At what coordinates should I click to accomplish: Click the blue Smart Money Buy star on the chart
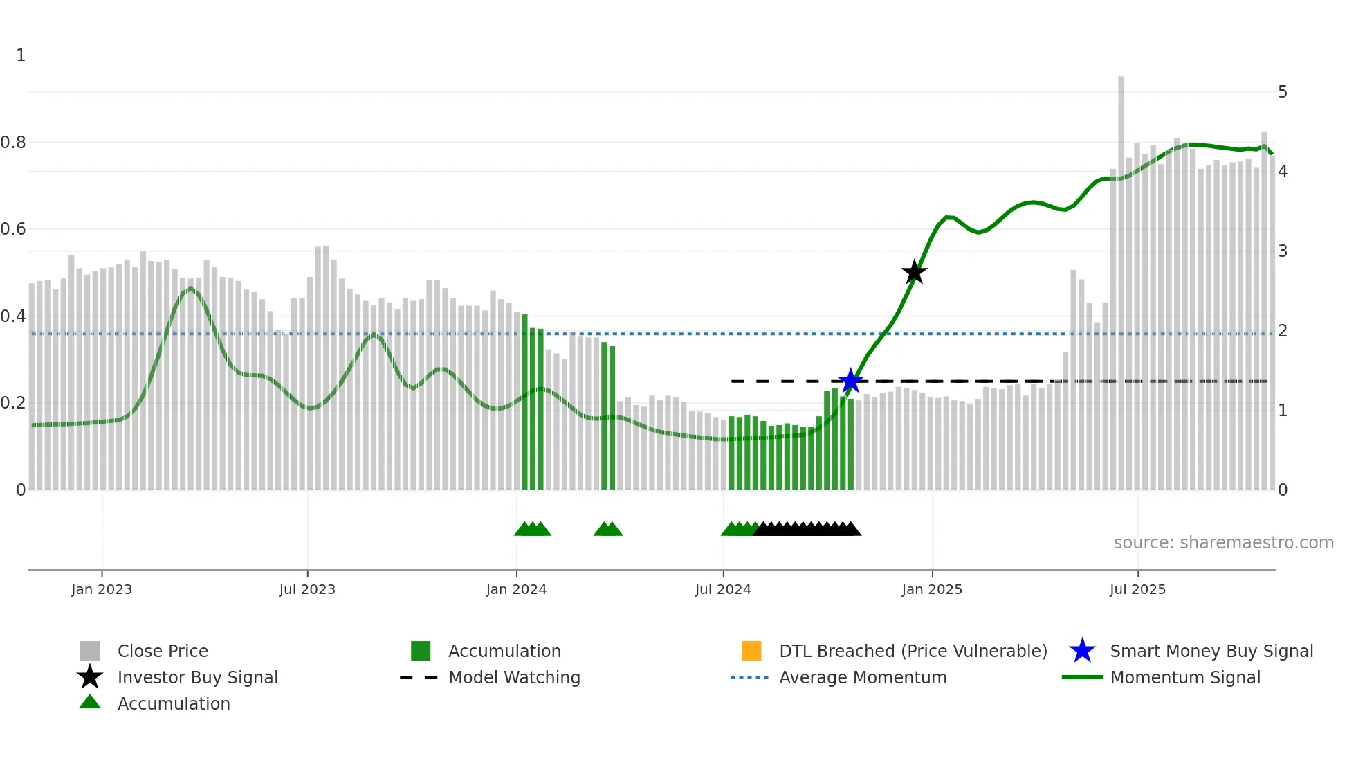point(850,381)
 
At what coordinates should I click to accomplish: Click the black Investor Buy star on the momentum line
point(914,272)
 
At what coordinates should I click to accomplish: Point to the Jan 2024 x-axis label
point(516,589)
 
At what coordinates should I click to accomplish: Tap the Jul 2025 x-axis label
point(1137,589)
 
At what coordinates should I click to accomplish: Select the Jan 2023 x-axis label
point(102,589)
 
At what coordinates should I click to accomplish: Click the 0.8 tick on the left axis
point(13,143)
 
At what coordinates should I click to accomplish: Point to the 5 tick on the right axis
point(1283,92)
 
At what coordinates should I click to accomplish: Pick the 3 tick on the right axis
point(1283,251)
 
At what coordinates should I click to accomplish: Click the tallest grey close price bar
point(1121,277)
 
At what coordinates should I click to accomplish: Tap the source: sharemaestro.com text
point(1223,543)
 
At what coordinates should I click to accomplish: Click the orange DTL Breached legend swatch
point(751,651)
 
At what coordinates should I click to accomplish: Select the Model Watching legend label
point(514,677)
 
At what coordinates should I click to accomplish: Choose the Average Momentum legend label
point(863,677)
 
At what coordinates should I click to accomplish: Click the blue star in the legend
point(1082,651)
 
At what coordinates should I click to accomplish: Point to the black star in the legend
point(90,677)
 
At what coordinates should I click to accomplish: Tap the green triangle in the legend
point(90,702)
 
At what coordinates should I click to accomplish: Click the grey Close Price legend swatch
point(90,651)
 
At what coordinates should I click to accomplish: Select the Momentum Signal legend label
point(1185,677)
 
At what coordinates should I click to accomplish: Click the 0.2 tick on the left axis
point(13,403)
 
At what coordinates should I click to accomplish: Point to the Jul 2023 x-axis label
point(307,589)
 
